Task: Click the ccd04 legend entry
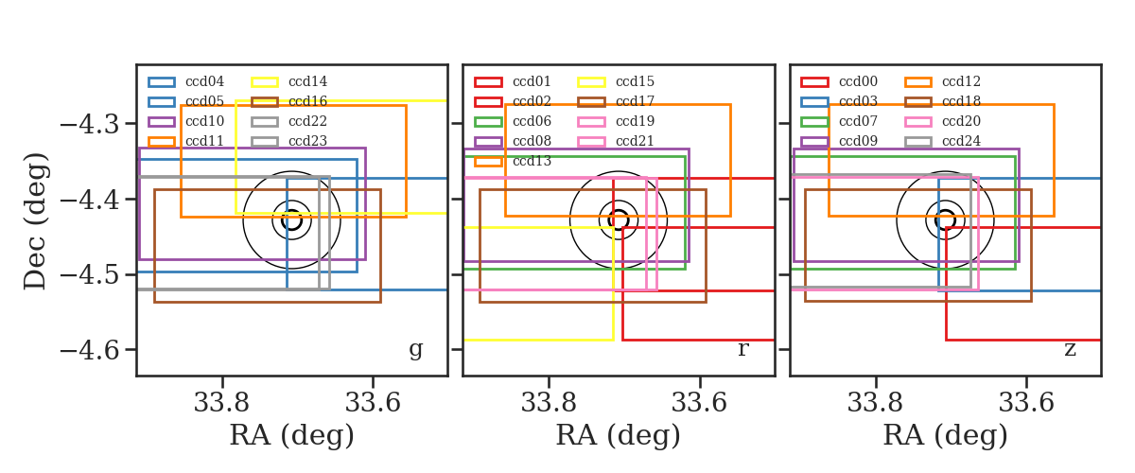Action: [186, 81]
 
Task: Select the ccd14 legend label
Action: [307, 81]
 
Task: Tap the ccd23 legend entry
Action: [289, 141]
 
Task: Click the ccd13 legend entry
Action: [513, 161]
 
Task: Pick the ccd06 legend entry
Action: [513, 121]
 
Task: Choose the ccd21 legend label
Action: [635, 141]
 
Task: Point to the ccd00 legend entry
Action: [839, 81]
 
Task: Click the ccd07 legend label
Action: [859, 121]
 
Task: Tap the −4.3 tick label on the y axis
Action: [90, 124]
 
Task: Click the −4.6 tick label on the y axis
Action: [90, 350]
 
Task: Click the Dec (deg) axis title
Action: [36, 221]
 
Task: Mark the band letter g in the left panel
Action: [415, 350]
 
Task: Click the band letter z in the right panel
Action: [1070, 349]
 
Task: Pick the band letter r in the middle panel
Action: [742, 349]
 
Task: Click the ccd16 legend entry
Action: [289, 101]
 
